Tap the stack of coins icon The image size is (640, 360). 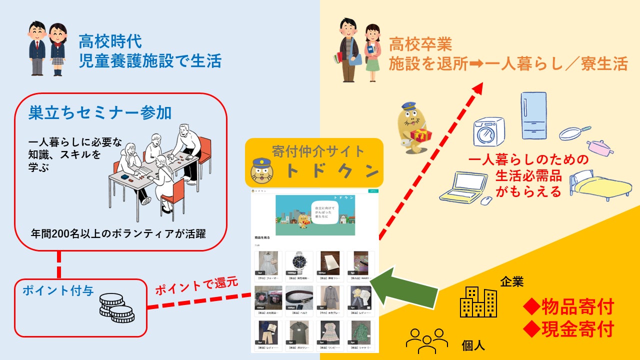point(116,308)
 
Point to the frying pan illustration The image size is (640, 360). point(573,132)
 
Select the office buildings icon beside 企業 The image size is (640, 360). point(478,302)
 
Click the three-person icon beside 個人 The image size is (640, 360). point(426,339)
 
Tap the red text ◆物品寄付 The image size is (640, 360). point(568,307)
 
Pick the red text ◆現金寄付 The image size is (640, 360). point(568,329)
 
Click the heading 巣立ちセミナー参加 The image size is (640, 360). point(100,113)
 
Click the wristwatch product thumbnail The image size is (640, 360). point(299,263)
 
